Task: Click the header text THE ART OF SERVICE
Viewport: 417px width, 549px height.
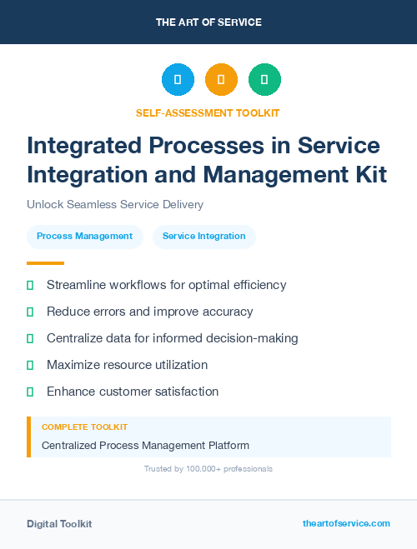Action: pyautogui.click(x=208, y=22)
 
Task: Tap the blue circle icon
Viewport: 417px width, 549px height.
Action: pyautogui.click(x=178, y=79)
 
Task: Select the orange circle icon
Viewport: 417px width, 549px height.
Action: pyautogui.click(x=221, y=79)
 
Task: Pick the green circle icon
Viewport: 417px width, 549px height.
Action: pyautogui.click(x=264, y=79)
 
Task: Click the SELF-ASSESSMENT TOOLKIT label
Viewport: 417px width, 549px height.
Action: pyautogui.click(x=208, y=112)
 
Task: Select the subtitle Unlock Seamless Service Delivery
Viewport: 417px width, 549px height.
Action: pyautogui.click(x=115, y=204)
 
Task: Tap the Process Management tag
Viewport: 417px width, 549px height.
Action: pyautogui.click(x=85, y=237)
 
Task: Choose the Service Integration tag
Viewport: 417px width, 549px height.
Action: pyautogui.click(x=204, y=237)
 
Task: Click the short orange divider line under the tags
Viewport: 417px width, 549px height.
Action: pyautogui.click(x=33, y=263)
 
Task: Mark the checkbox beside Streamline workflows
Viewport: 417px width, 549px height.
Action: pyautogui.click(x=30, y=285)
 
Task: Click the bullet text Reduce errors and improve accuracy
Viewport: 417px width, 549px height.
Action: pyautogui.click(x=149, y=312)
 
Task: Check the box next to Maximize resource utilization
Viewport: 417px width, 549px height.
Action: pyautogui.click(x=30, y=365)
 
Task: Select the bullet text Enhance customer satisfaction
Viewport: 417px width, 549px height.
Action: pyautogui.click(x=132, y=392)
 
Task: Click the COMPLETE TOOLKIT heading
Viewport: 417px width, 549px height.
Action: pyautogui.click(x=80, y=427)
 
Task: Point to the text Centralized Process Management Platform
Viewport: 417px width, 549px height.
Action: pyautogui.click(x=145, y=446)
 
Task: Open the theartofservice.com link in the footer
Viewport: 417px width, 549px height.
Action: pyautogui.click(x=346, y=523)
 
